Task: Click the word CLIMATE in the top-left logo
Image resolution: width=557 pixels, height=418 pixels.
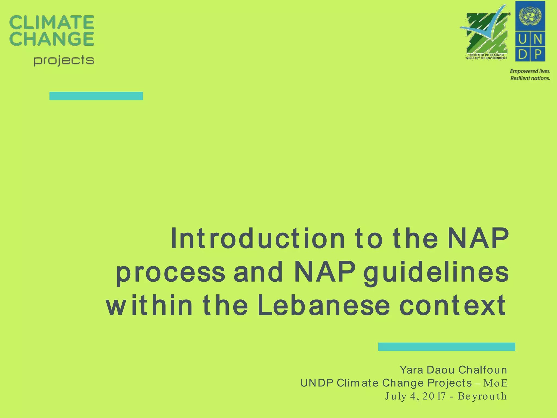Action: coord(52,22)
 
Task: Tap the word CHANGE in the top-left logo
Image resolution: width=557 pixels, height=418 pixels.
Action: coord(52,39)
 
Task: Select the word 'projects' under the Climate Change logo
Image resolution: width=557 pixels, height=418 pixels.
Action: coord(64,61)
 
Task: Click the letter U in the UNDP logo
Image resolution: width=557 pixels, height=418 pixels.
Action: coord(522,40)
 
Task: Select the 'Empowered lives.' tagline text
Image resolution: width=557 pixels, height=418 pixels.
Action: coord(530,71)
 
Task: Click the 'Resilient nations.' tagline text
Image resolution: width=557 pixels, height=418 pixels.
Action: coord(530,78)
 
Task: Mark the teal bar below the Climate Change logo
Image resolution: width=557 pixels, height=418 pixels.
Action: coord(96,96)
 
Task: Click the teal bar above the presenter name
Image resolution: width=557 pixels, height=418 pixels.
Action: coord(447,347)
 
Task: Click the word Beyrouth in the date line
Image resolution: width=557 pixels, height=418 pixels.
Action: coord(482,396)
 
